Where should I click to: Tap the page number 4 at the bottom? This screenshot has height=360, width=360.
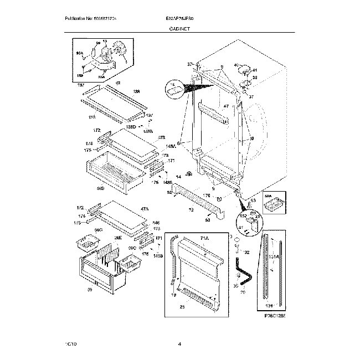pyautogui.click(x=179, y=344)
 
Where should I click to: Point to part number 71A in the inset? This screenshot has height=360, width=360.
pyautogui.click(x=204, y=238)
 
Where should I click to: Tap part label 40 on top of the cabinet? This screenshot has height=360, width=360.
pyautogui.click(x=236, y=65)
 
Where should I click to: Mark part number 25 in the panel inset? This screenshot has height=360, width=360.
pyautogui.click(x=182, y=306)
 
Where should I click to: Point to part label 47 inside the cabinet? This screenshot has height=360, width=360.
pyautogui.click(x=226, y=106)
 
